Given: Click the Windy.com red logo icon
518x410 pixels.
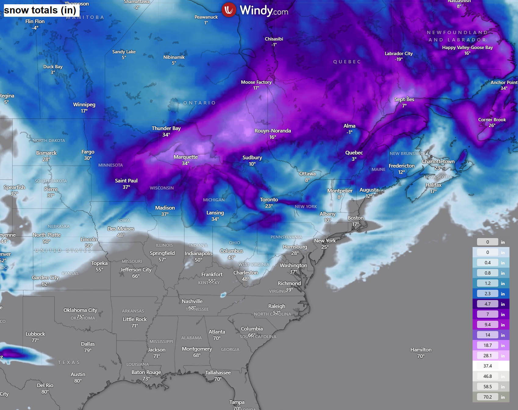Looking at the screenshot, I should [x=229, y=10].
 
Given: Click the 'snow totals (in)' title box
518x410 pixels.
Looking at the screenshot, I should [x=40, y=10].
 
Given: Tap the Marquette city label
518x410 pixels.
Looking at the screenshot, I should [x=186, y=157].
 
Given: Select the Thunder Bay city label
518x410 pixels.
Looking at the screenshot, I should [x=166, y=128].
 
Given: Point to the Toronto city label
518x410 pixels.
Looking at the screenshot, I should [x=269, y=200].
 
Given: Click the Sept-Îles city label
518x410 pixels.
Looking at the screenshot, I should [x=404, y=99].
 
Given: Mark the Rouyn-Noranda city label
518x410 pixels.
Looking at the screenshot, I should [x=273, y=131].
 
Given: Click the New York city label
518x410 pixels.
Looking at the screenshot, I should [x=325, y=241].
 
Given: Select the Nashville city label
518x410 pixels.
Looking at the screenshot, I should [x=192, y=301].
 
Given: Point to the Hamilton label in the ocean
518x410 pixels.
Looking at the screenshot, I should [x=421, y=350].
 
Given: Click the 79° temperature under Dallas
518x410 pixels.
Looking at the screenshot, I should [x=88, y=350].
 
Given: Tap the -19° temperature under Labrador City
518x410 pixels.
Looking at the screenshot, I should [x=399, y=59].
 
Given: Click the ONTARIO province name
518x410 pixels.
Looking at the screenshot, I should [x=199, y=103].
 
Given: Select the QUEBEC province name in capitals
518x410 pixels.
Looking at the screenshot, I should [x=347, y=62].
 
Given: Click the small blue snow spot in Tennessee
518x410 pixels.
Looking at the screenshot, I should [x=223, y=295].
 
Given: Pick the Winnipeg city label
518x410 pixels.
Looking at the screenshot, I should [x=84, y=104].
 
